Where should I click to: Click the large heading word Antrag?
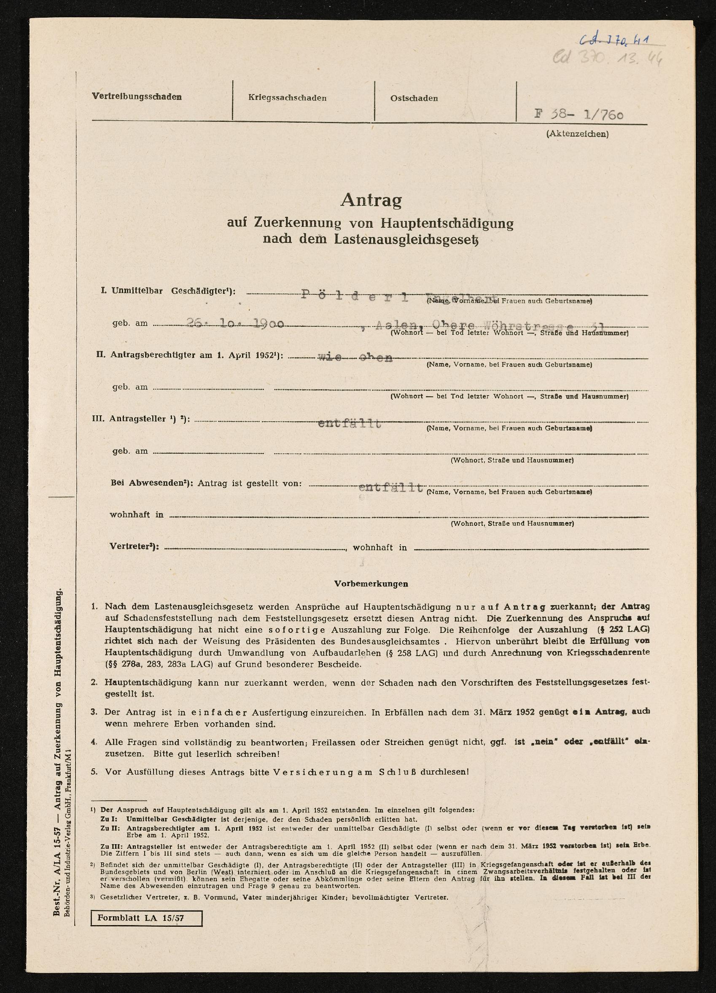(371, 201)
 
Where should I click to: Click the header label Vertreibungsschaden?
(137, 97)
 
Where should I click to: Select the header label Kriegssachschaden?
(287, 98)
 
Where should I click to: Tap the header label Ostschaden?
(414, 99)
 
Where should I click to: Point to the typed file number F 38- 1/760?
(579, 115)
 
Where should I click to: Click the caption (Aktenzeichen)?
(577, 135)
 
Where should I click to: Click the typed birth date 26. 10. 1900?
(236, 324)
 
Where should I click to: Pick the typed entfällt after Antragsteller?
(349, 424)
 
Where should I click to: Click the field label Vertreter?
(135, 547)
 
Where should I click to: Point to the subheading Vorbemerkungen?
(371, 584)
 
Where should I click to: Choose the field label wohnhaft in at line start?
(136, 515)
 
